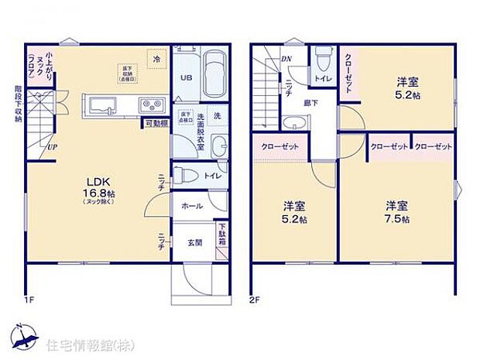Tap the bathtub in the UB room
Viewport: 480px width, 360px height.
pyautogui.click(x=214, y=70)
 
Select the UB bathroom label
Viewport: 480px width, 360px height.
pyautogui.click(x=186, y=78)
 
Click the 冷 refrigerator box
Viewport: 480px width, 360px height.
pyautogui.click(x=156, y=60)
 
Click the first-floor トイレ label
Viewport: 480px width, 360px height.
pyautogui.click(x=211, y=176)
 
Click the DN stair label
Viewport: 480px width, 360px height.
pyautogui.click(x=286, y=60)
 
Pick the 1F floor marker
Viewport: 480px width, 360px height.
pyautogui.click(x=29, y=298)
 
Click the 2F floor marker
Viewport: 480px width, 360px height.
pyautogui.click(x=255, y=298)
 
